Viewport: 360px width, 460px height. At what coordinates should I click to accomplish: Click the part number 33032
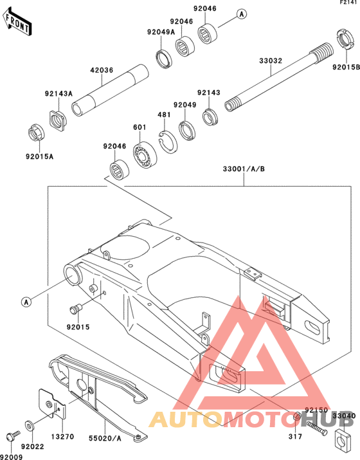pyautogui.click(x=270, y=60)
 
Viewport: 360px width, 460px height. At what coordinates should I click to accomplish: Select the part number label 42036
pyautogui.click(x=102, y=70)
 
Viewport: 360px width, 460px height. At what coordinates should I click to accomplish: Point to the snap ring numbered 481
pyautogui.click(x=168, y=142)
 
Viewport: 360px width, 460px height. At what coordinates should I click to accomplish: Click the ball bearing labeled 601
pyautogui.click(x=145, y=155)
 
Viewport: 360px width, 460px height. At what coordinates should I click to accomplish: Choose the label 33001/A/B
pyautogui.click(x=244, y=169)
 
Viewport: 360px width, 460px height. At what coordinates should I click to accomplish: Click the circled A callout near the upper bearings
pyautogui.click(x=242, y=14)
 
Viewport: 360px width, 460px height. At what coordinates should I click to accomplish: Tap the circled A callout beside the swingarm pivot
pyautogui.click(x=26, y=302)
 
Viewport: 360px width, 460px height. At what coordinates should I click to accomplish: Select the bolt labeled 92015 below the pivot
pyautogui.click(x=76, y=308)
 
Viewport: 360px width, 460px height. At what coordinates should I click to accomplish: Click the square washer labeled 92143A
pyautogui.click(x=58, y=120)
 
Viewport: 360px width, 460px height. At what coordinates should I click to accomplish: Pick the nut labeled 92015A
pyautogui.click(x=37, y=133)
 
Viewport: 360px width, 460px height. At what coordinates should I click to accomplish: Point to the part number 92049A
pyautogui.click(x=161, y=32)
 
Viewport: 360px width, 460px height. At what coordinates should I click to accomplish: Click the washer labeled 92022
pyautogui.click(x=29, y=425)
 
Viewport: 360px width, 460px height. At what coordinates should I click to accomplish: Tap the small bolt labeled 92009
pyautogui.click(x=13, y=434)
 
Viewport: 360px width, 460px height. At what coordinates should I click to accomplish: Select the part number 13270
pyautogui.click(x=63, y=437)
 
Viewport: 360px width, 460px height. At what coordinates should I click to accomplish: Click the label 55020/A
pyautogui.click(x=105, y=439)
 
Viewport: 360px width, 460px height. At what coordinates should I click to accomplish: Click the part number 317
pyautogui.click(x=295, y=437)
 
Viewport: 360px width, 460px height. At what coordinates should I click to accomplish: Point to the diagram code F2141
pyautogui.click(x=350, y=2)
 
